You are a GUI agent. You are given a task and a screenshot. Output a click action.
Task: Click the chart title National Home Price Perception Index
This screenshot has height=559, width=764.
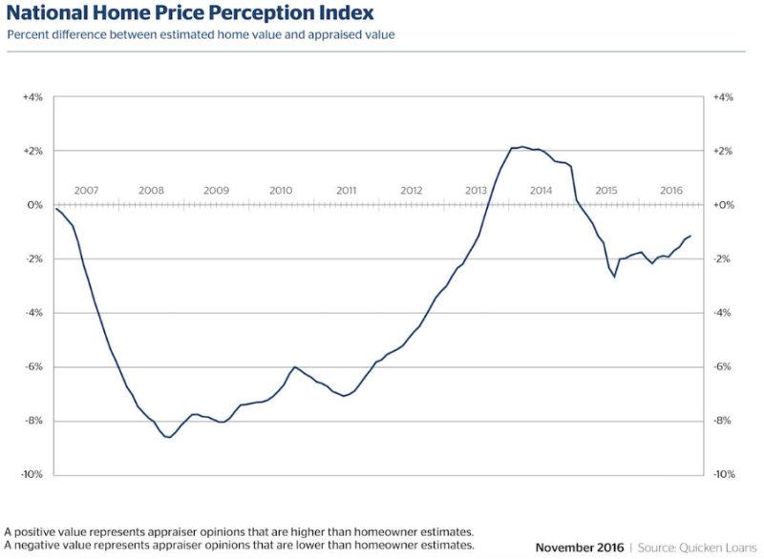point(190,13)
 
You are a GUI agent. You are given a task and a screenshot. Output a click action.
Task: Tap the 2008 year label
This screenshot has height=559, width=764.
point(151,190)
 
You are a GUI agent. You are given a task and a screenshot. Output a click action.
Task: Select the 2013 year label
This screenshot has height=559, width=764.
point(476,190)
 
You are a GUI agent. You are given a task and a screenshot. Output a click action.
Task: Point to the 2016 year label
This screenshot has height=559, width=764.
point(671,190)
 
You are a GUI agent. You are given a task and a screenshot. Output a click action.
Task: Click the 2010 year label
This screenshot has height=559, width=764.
point(281,190)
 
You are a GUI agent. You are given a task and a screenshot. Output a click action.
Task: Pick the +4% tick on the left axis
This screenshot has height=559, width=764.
point(32,97)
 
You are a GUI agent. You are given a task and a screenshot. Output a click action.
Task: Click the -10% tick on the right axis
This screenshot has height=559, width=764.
point(724,474)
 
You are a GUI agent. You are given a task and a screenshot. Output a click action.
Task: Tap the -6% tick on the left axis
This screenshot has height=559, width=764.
point(34,367)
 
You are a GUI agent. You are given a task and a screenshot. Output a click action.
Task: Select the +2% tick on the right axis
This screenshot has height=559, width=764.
point(723,152)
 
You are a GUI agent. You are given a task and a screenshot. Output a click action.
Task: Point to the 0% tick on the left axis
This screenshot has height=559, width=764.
point(35,205)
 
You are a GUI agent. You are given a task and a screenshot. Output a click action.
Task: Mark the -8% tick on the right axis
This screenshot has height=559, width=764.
point(723,421)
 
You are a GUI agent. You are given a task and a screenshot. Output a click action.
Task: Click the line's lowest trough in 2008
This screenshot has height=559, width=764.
point(169,437)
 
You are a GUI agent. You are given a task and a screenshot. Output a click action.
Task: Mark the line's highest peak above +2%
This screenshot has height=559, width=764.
point(522,147)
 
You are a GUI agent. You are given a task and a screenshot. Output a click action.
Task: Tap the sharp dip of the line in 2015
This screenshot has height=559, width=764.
point(614,277)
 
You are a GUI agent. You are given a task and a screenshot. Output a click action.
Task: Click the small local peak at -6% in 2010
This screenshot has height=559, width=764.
point(295,367)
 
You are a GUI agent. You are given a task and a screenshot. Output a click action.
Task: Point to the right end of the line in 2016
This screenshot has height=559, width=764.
point(690,236)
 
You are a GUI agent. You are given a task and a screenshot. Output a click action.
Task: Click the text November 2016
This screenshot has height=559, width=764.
point(580,548)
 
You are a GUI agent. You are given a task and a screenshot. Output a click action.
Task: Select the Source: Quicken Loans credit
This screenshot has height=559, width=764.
point(697,548)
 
